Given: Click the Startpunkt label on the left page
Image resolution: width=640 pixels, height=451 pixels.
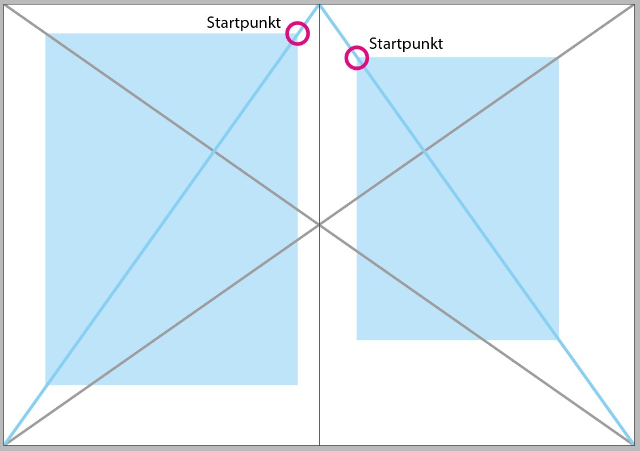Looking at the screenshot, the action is point(244,23).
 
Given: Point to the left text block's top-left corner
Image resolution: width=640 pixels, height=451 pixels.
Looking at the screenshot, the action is point(45,34).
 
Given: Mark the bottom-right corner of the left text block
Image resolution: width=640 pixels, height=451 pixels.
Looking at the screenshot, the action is point(298,385).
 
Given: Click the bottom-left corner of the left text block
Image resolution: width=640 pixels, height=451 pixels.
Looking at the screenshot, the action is point(45,385).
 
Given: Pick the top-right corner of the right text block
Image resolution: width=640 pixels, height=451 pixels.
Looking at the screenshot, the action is point(558,57).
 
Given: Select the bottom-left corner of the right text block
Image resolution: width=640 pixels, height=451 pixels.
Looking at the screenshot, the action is point(357,340).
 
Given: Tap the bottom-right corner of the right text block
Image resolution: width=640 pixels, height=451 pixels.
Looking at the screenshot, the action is point(558,340).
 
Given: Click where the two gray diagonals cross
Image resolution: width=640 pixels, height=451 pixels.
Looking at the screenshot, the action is point(319,224).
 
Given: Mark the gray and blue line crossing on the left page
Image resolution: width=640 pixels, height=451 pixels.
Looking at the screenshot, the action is point(214,152).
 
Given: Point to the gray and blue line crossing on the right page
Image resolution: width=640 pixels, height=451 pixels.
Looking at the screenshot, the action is point(424,152).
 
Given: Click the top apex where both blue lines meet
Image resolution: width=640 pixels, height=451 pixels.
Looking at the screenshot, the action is point(319,5).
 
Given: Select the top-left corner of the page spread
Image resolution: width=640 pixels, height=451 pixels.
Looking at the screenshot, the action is point(4,5).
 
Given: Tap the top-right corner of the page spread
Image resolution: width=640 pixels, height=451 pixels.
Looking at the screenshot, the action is point(635,5).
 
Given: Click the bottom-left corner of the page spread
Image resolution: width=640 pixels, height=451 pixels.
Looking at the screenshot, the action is point(4,445).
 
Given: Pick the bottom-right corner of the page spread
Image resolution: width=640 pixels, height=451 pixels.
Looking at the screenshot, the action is point(635,445).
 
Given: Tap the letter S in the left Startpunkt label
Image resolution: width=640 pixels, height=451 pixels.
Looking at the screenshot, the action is point(211,23).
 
